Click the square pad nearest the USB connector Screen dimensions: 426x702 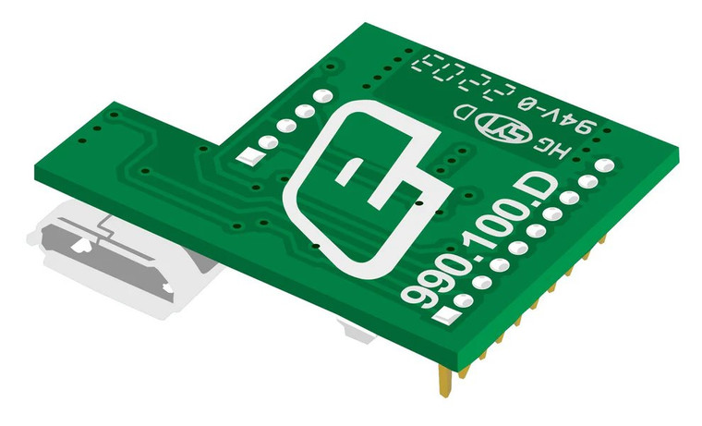point(248,155)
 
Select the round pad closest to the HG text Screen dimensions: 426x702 point(603,165)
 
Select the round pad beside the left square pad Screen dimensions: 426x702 point(268,143)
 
